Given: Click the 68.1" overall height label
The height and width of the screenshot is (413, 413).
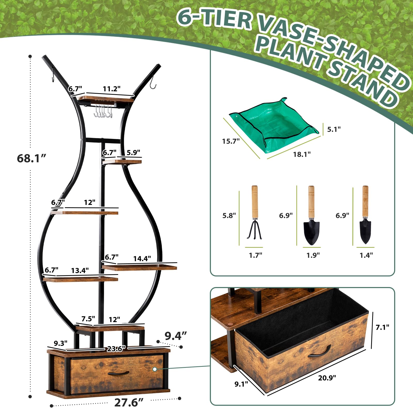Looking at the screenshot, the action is tap(31, 158).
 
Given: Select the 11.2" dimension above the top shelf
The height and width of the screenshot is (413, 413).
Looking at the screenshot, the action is tap(112, 89).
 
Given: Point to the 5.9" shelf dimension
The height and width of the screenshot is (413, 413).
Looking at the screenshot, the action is tap(133, 153).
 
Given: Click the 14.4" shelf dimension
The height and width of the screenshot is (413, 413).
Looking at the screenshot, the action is tap(142, 258).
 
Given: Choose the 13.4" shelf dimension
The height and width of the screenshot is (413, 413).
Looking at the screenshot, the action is tap(80, 270).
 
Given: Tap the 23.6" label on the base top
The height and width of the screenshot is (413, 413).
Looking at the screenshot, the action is tap(116, 349).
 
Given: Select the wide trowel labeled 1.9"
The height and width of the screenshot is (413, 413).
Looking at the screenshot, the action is tap(311, 215).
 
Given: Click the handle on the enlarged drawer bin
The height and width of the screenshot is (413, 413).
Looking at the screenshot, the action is tap(319, 352).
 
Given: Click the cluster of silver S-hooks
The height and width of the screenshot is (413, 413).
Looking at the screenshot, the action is tap(103, 112).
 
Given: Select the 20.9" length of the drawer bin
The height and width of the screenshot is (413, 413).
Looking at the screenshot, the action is tap(327, 378).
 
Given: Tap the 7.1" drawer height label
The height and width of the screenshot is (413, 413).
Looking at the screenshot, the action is tap(382, 327).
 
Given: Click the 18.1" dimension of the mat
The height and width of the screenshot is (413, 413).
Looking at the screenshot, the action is tap(302, 154).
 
